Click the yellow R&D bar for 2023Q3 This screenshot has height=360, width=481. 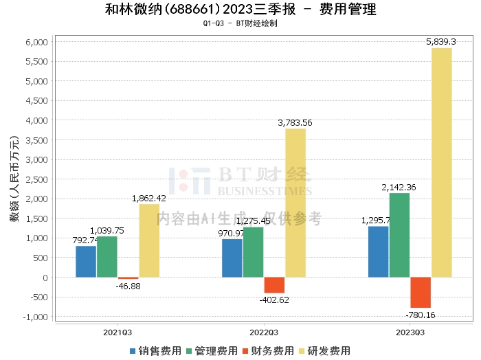[441, 162]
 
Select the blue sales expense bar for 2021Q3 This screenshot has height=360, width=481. [86, 262]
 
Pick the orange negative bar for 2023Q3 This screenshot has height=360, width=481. [421, 293]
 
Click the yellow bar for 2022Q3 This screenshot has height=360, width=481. [295, 203]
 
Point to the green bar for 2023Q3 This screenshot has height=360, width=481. [399, 235]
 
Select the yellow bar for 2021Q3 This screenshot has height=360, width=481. [148, 240]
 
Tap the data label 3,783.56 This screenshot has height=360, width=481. [295, 123]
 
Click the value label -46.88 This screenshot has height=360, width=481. [128, 286]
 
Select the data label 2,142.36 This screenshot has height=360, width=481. [399, 187]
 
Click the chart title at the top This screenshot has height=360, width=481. [240, 10]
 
